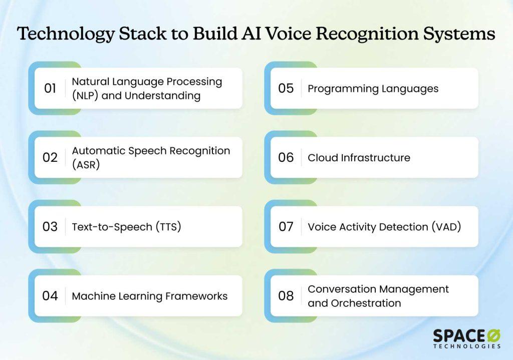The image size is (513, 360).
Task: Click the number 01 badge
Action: [x=50, y=88]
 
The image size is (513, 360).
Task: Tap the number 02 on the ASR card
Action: [x=50, y=158]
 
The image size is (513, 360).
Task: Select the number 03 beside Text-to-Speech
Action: [x=50, y=227]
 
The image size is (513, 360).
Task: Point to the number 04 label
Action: [x=50, y=296]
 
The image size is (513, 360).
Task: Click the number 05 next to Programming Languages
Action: [x=286, y=88]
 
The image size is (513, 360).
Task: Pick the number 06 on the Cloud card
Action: [x=286, y=158]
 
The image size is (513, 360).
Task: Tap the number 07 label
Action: [x=286, y=227]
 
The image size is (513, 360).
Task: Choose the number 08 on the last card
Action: [x=286, y=296]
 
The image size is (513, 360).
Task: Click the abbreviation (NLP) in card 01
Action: [x=85, y=96]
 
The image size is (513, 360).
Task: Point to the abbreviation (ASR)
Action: [x=86, y=165]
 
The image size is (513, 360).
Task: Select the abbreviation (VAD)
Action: [x=446, y=227]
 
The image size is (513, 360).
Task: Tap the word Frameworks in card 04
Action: [x=196, y=296]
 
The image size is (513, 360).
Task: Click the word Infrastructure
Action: [x=376, y=158]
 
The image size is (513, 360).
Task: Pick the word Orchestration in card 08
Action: [x=366, y=303]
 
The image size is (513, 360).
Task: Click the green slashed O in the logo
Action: [x=493, y=336]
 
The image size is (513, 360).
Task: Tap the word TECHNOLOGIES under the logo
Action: [x=467, y=346]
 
